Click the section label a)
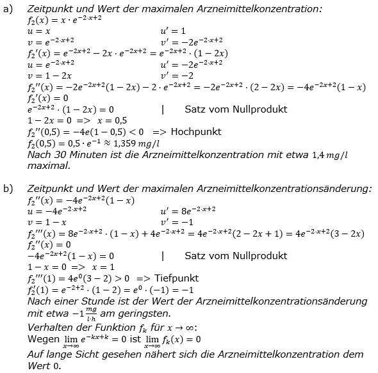7,8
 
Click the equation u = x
38,31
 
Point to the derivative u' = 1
174,31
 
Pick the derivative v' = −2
177,75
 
